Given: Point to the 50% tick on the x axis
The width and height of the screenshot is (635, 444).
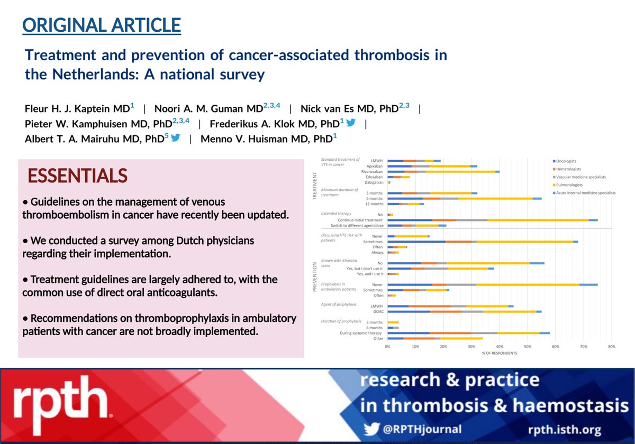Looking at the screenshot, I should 528,347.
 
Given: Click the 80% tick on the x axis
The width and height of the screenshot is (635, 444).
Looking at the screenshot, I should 611,347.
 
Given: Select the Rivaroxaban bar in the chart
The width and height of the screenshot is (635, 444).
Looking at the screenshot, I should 443,171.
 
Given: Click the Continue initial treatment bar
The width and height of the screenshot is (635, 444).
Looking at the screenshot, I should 492,220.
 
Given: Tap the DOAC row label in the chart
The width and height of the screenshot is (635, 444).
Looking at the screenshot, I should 377,311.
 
